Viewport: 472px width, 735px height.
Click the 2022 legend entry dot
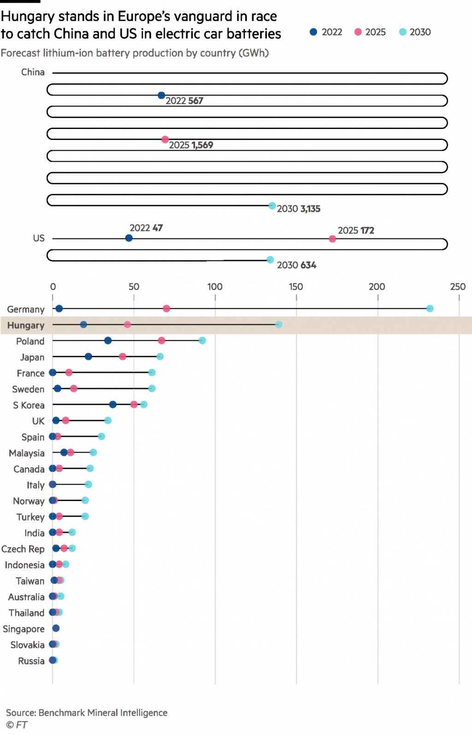[313, 32]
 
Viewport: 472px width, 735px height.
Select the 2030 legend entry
[415, 32]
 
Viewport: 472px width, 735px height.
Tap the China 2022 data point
[161, 95]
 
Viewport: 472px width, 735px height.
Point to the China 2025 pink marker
[165, 140]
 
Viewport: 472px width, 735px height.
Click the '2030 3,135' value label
[298, 209]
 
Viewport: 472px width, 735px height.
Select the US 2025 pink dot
[332, 239]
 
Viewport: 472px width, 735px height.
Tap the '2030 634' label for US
[296, 265]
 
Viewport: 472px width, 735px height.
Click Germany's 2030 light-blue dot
[430, 309]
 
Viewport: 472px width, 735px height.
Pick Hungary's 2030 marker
[278, 325]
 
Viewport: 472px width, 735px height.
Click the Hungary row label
[26, 325]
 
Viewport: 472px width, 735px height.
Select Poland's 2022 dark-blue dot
[108, 341]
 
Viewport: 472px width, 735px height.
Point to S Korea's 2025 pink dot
[134, 404]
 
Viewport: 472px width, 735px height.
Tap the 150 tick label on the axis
[296, 286]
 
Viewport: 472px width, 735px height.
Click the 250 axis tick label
[458, 286]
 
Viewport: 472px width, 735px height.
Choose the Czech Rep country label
[23, 549]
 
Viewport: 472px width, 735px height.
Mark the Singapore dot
[56, 628]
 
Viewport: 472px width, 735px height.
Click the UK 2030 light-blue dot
[108, 420]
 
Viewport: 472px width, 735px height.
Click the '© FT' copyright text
[17, 725]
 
